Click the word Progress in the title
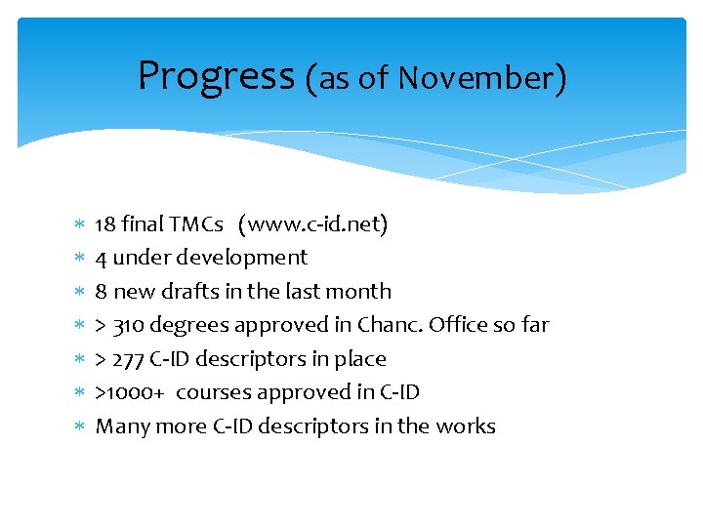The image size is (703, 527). pos(215,76)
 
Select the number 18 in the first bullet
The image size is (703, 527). pos(105,224)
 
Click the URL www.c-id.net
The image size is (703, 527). pos(316,225)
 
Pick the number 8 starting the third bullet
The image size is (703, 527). pos(102,292)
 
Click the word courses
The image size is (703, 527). pos(212,392)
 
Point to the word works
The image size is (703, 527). pos(467,426)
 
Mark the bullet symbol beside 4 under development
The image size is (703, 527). pos(79,259)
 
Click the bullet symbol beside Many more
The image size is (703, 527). pos(79,426)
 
